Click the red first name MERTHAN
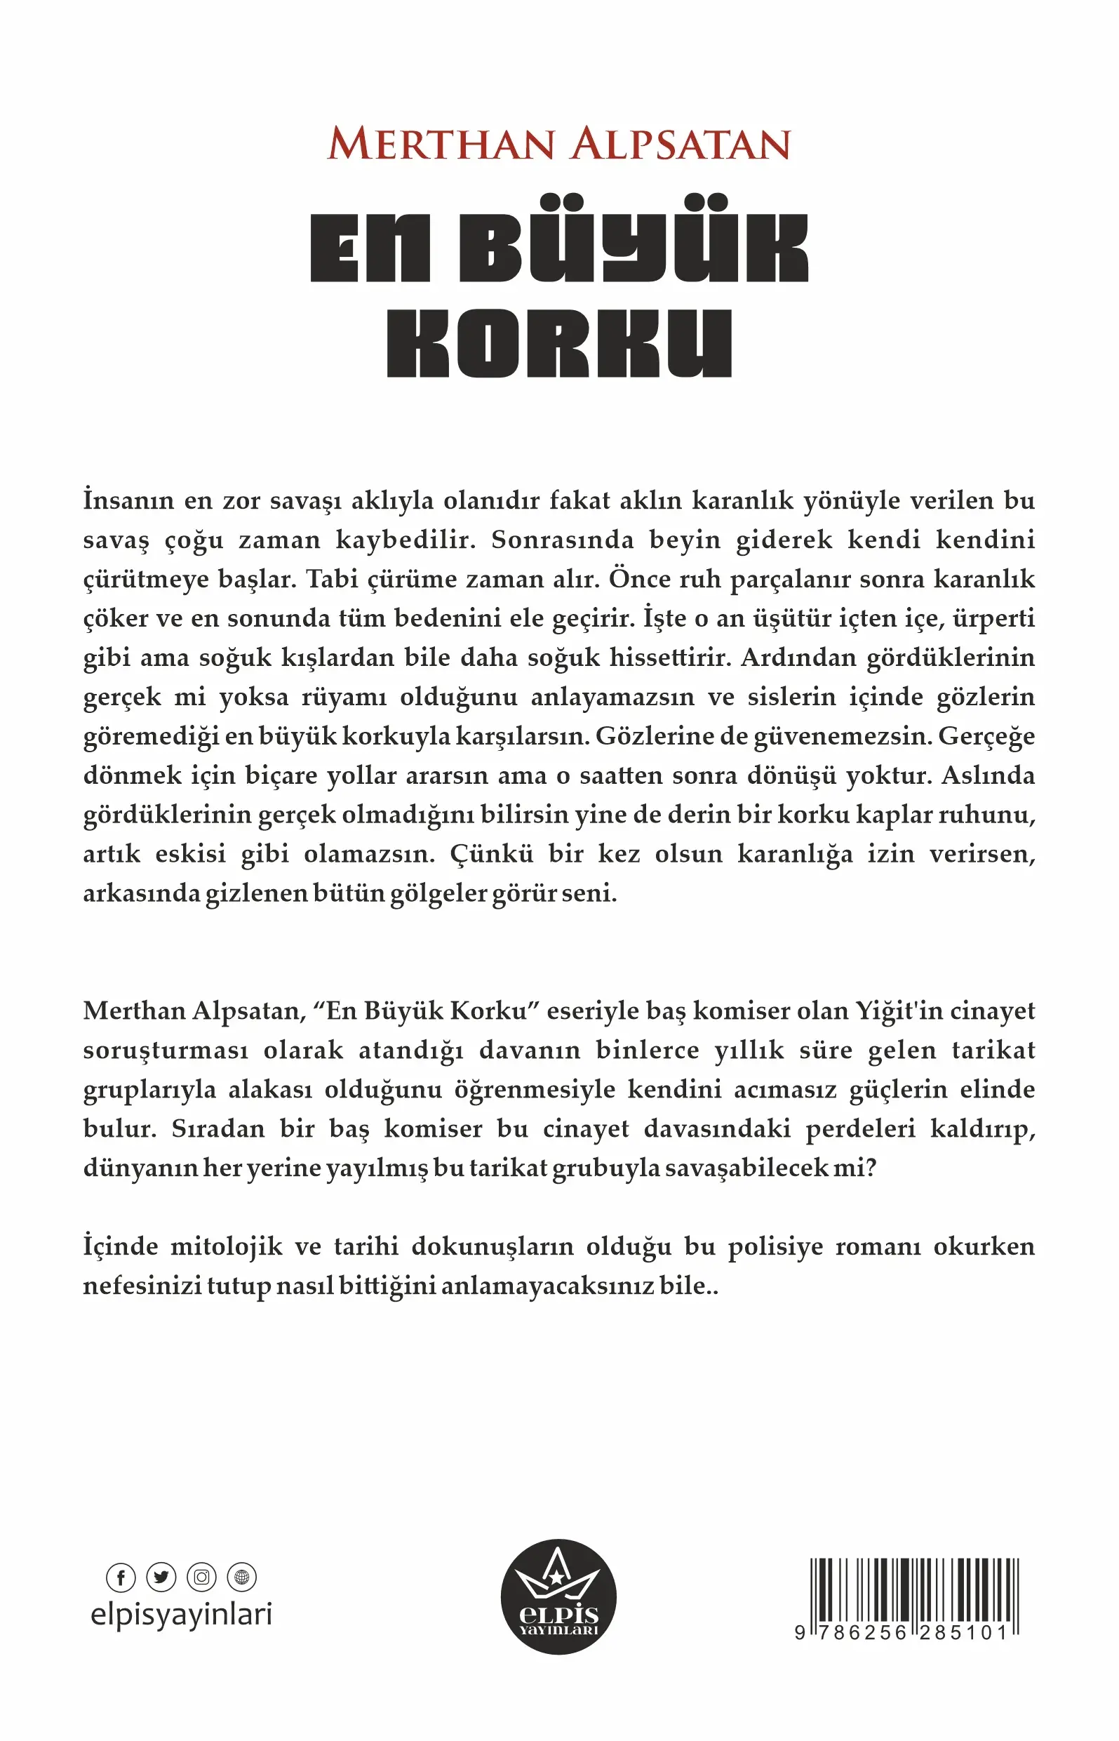[x=442, y=144]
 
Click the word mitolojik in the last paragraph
[x=226, y=1247]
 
